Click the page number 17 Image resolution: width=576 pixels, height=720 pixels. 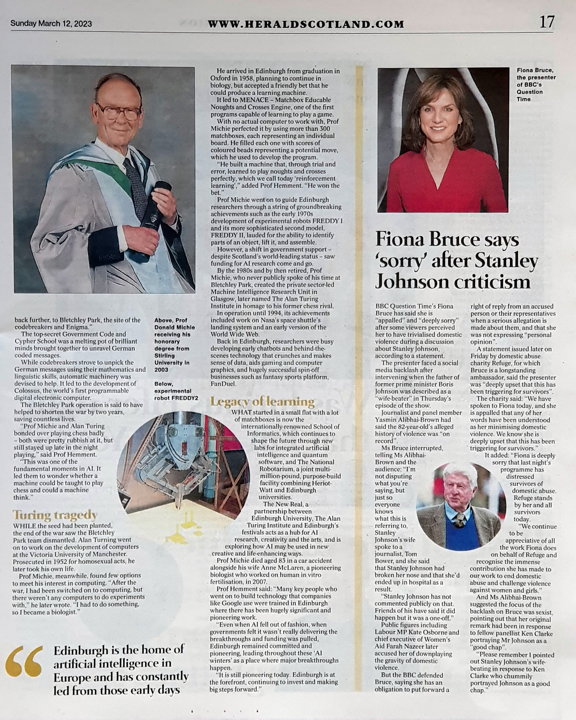coord(546,22)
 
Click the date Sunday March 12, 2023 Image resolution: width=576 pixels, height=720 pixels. coord(51,24)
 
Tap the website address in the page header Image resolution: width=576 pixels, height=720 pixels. coord(306,24)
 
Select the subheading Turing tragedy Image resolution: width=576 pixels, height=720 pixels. coord(55,515)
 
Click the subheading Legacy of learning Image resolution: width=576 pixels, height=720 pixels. coord(262,402)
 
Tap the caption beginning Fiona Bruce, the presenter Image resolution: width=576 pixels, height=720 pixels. coord(536,84)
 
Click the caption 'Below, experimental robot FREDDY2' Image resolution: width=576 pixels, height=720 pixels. coord(172,391)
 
